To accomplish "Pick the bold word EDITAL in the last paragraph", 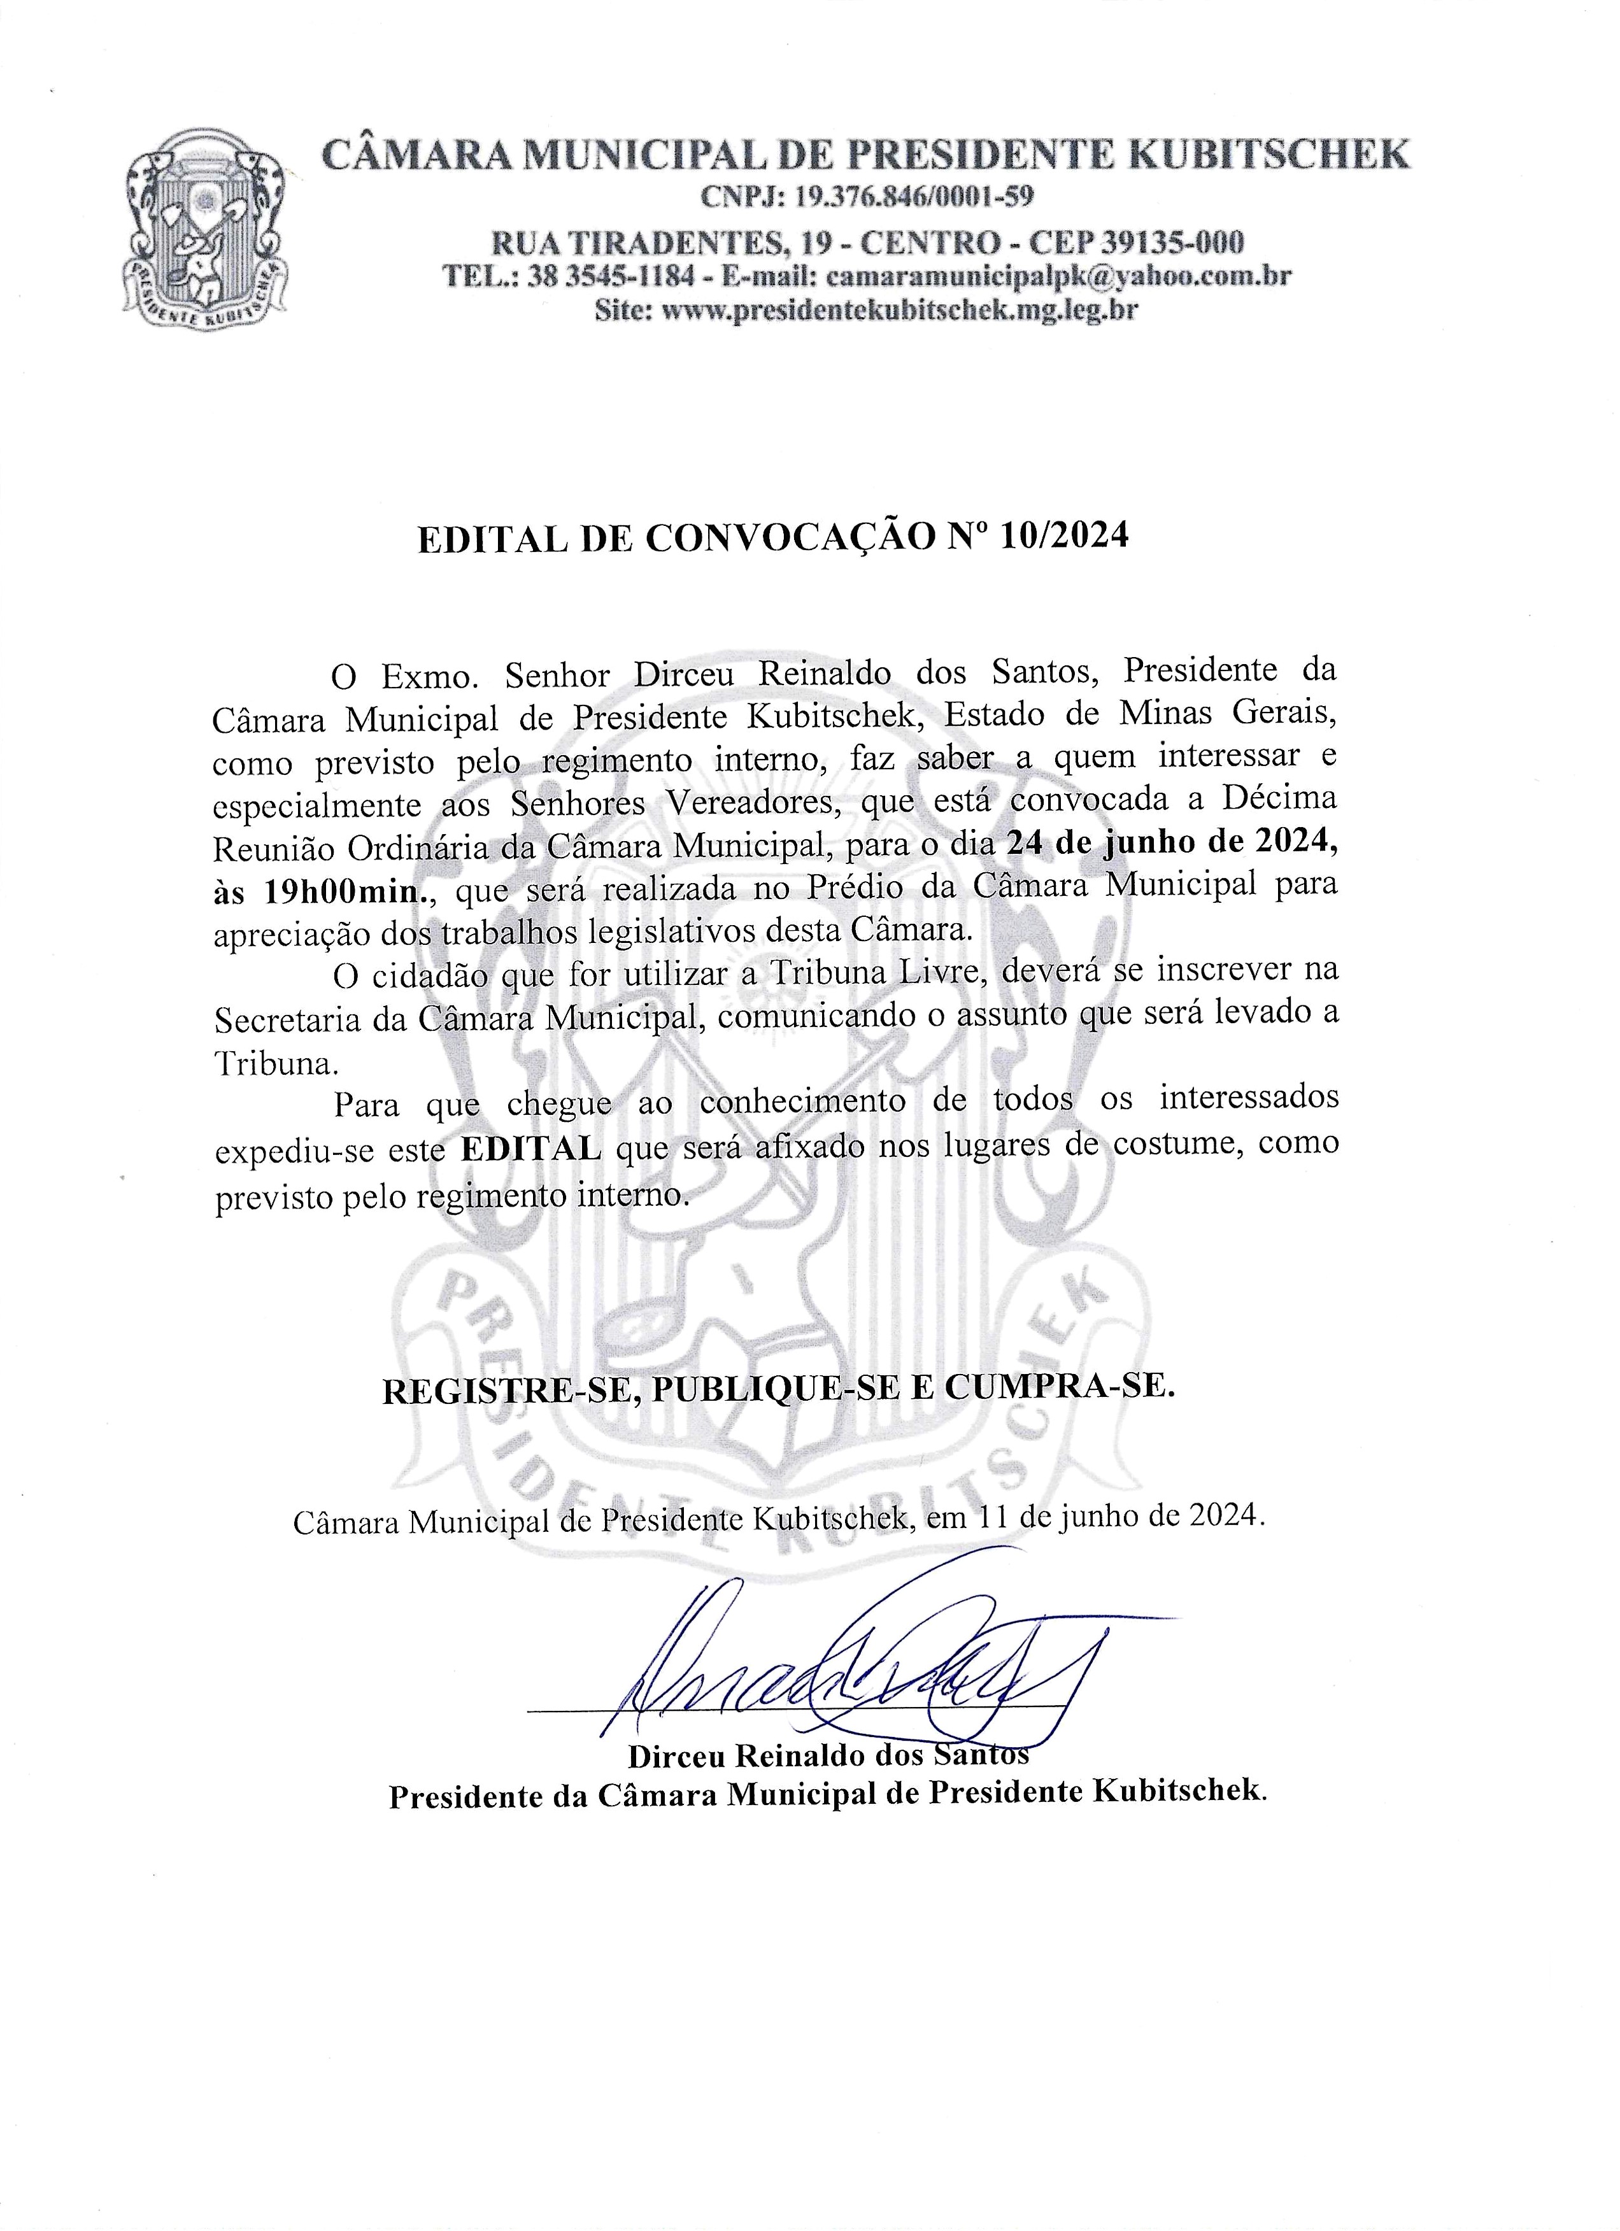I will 531,1148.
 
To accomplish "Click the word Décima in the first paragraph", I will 1279,799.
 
